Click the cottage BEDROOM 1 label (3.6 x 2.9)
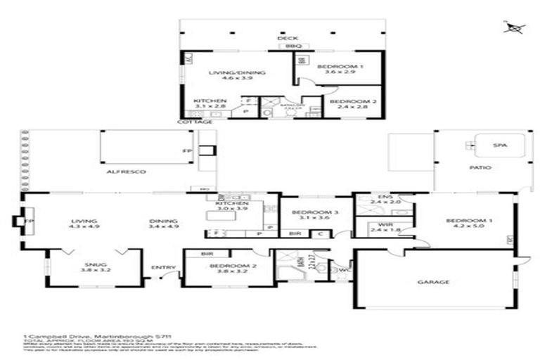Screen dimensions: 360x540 click(x=340, y=67)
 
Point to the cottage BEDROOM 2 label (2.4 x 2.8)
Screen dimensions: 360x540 click(x=354, y=103)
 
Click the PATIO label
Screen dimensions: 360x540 click(x=481, y=167)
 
